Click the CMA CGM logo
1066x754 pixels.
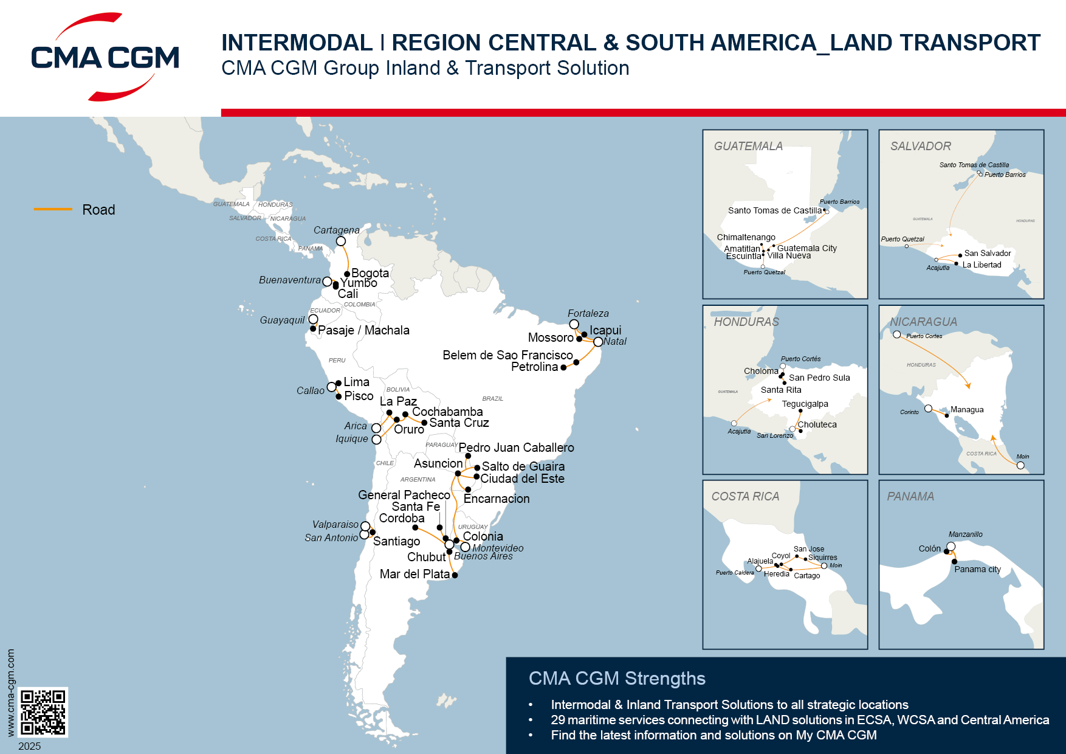pyautogui.click(x=105, y=57)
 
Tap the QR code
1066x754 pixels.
pyautogui.click(x=43, y=712)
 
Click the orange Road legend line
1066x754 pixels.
pyautogui.click(x=53, y=209)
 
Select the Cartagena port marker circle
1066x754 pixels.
pyautogui.click(x=341, y=241)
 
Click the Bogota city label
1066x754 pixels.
pyautogui.click(x=370, y=273)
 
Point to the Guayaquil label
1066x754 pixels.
pyautogui.click(x=282, y=320)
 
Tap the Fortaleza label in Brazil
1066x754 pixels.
pyautogui.click(x=588, y=313)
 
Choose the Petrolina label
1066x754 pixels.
pyautogui.click(x=534, y=367)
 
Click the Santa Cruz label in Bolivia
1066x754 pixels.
pyautogui.click(x=459, y=423)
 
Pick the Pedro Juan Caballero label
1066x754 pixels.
pyautogui.click(x=516, y=448)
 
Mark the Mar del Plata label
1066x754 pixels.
pyautogui.click(x=414, y=574)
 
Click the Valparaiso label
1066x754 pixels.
pyautogui.click(x=335, y=524)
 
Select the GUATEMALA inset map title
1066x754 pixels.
pyautogui.click(x=748, y=146)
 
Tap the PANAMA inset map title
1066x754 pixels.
pyautogui.click(x=910, y=496)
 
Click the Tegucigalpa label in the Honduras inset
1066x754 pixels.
pyautogui.click(x=805, y=404)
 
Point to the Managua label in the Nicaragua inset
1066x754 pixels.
pyautogui.click(x=966, y=410)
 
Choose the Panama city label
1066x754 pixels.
pyautogui.click(x=977, y=569)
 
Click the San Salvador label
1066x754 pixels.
pyautogui.click(x=988, y=253)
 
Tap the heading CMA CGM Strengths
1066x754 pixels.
pyautogui.click(x=617, y=678)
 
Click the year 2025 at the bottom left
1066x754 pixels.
pyautogui.click(x=30, y=746)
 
